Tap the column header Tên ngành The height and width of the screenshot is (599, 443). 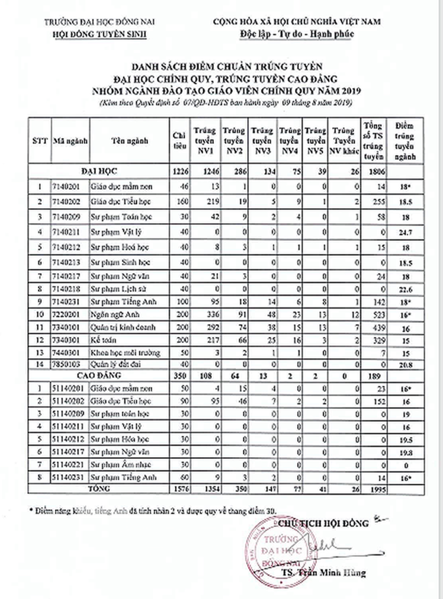click(x=130, y=141)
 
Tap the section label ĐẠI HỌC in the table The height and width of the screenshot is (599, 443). click(x=99, y=171)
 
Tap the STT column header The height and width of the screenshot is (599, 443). click(x=40, y=141)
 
